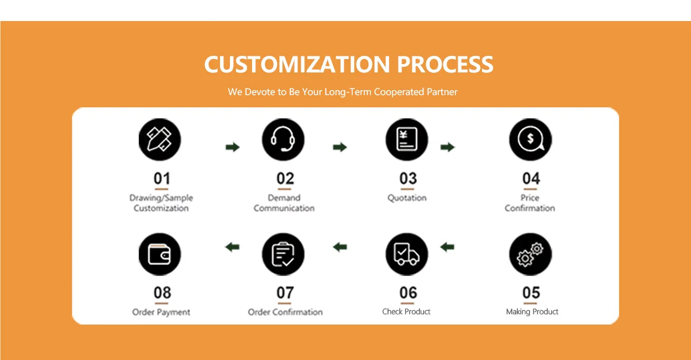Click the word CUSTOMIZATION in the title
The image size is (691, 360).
pos(297,65)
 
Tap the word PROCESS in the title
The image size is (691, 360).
pos(445,65)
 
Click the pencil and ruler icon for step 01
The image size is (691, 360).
pos(160,139)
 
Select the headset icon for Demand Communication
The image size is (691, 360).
pos(283,139)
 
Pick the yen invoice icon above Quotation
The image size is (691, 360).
pos(407,139)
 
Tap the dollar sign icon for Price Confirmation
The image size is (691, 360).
pos(531,139)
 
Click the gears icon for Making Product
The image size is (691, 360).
pos(531,254)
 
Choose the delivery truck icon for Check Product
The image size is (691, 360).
pos(407,254)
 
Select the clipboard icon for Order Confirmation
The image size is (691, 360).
pos(283,254)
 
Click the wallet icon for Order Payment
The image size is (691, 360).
pos(160,254)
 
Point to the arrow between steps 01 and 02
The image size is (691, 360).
pos(233,147)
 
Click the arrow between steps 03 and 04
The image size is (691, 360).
pos(447,147)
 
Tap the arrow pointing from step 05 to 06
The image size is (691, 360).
pos(447,247)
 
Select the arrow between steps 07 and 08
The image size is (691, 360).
pos(232,247)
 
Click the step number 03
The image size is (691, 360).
pos(408,178)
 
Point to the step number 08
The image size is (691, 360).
pos(163,293)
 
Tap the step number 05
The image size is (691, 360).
pos(531,293)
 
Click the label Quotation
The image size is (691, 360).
pos(407,198)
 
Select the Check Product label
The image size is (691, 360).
pos(406,311)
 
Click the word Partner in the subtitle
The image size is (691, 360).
pos(442,92)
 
